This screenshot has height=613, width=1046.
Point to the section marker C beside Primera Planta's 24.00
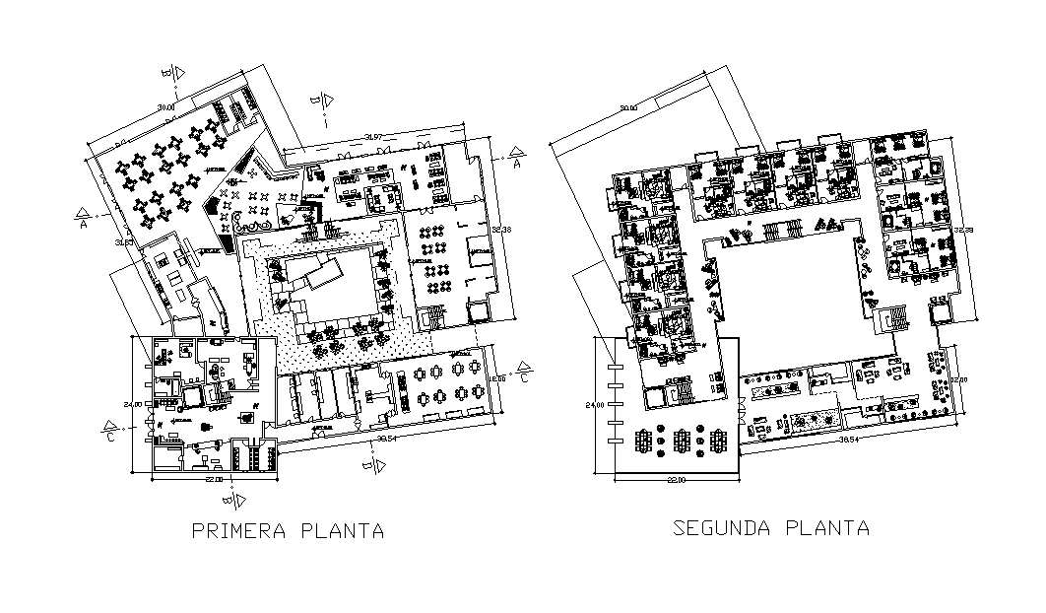coord(111,434)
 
